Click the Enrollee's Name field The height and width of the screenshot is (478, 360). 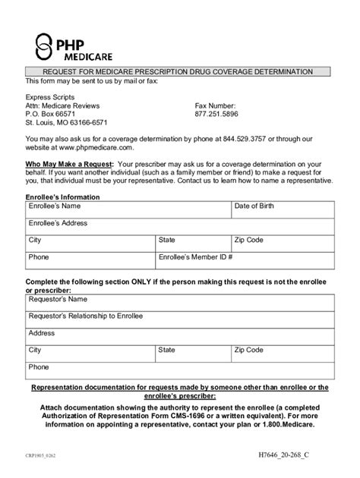[138, 211]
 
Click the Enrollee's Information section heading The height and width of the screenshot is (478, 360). [63, 197]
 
